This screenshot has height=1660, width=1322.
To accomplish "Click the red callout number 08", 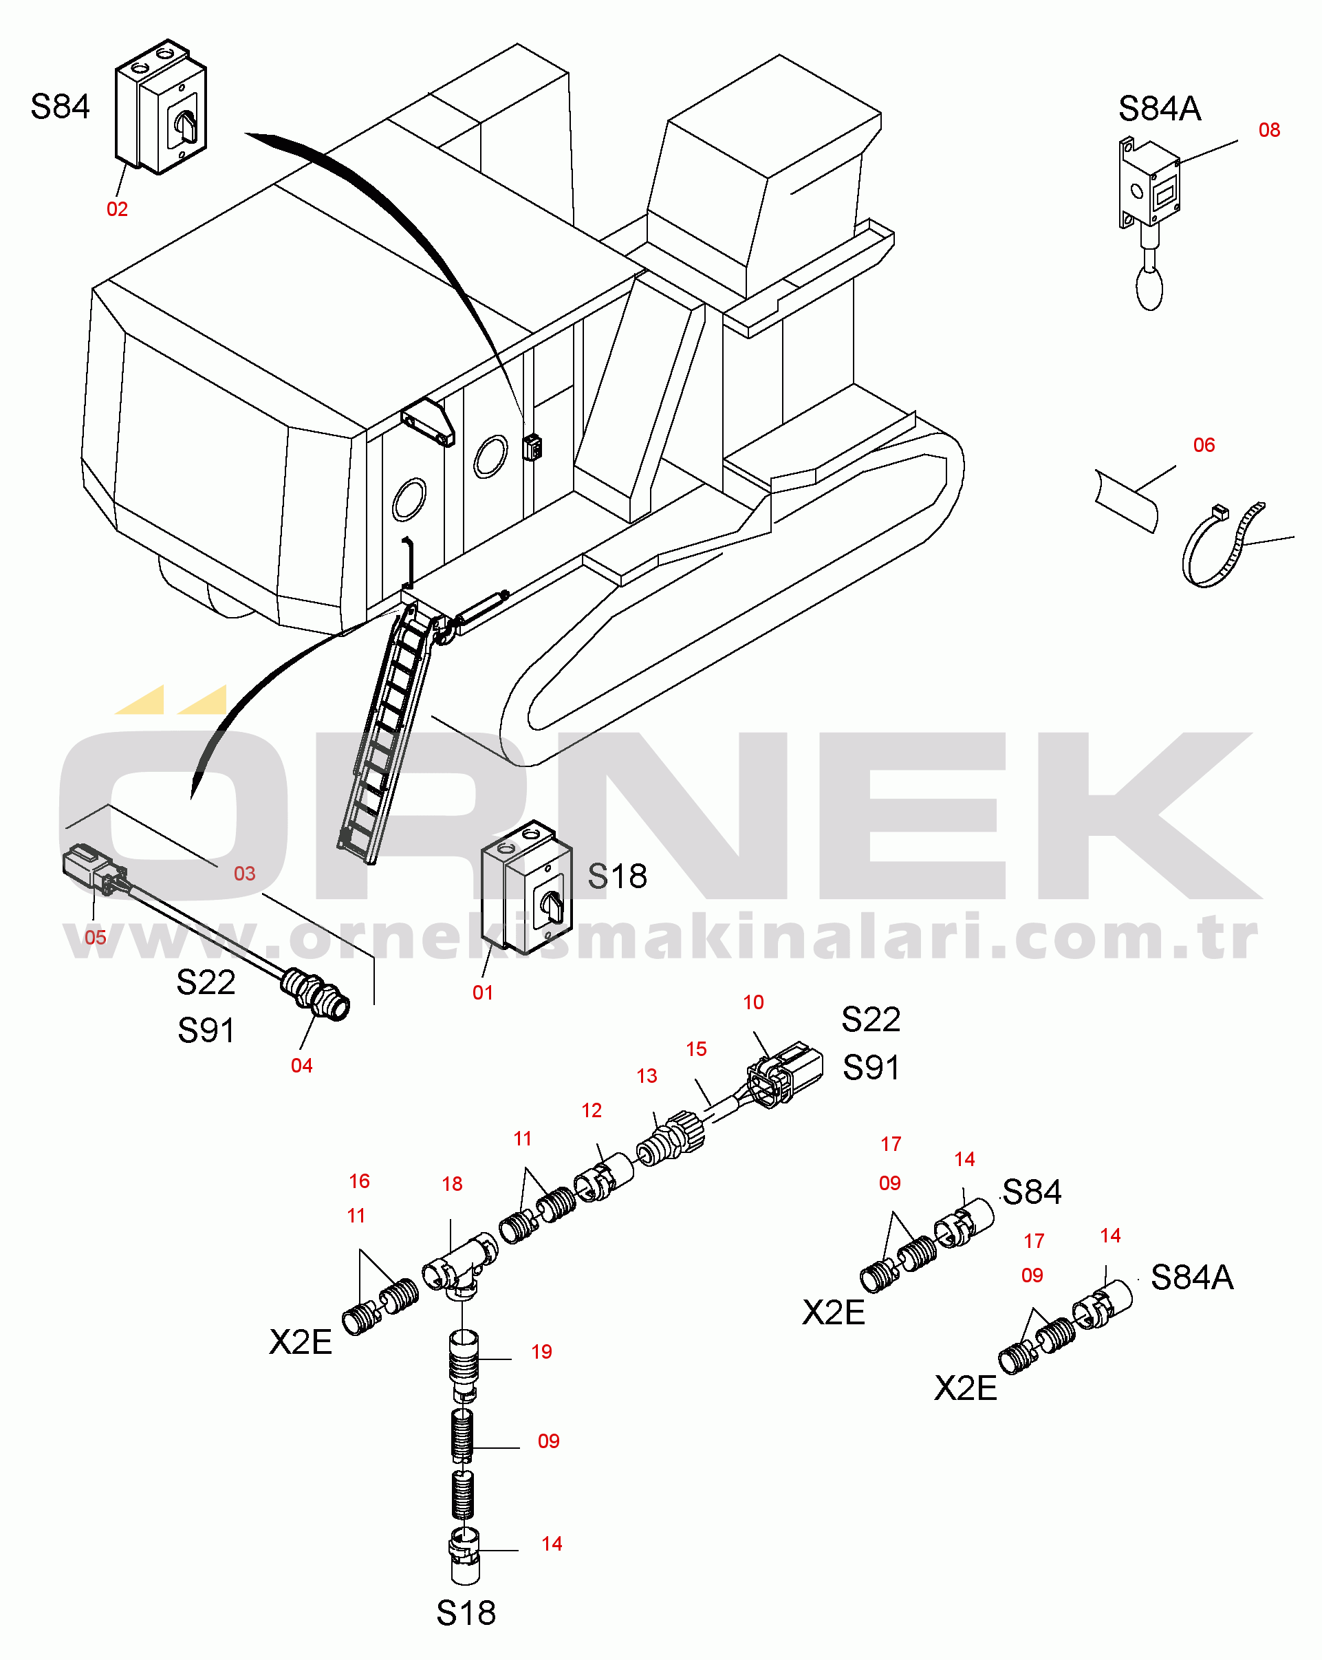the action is [x=1269, y=130].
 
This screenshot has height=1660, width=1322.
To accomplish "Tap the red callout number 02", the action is [x=117, y=209].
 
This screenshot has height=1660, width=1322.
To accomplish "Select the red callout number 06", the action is [x=1204, y=445].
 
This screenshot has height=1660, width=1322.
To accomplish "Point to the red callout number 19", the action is [x=541, y=1351].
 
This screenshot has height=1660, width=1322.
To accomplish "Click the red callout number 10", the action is [x=753, y=1002].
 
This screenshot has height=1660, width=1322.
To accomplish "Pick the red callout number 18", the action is [x=452, y=1183].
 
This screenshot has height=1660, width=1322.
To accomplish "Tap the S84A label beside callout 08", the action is [x=1160, y=109].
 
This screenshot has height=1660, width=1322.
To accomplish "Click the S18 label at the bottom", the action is [x=466, y=1613].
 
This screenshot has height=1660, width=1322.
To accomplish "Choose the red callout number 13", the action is [x=647, y=1076].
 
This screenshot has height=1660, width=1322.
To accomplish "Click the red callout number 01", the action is [x=483, y=993].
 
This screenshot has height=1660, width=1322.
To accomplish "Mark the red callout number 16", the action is [x=360, y=1181].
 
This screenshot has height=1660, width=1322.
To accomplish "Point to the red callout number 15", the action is [x=696, y=1048].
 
